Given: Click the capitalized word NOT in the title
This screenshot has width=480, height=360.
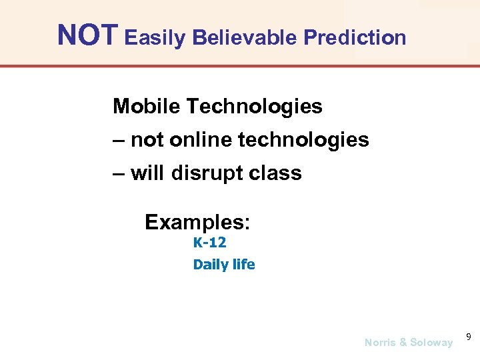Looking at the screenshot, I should (88, 35).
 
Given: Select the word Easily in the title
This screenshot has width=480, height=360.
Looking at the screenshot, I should (155, 38).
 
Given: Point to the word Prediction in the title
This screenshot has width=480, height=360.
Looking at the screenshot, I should (355, 37).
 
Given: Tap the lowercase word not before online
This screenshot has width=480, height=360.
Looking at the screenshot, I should (147, 140).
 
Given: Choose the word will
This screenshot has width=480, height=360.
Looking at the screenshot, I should (148, 173).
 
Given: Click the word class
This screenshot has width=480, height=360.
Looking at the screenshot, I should (275, 173).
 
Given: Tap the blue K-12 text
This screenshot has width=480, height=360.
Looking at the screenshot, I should (209, 243).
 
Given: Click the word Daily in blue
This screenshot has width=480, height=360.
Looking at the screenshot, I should (207, 265).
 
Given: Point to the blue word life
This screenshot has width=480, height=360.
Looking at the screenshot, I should (242, 264).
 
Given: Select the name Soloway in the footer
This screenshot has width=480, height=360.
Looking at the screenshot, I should (431, 343).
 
